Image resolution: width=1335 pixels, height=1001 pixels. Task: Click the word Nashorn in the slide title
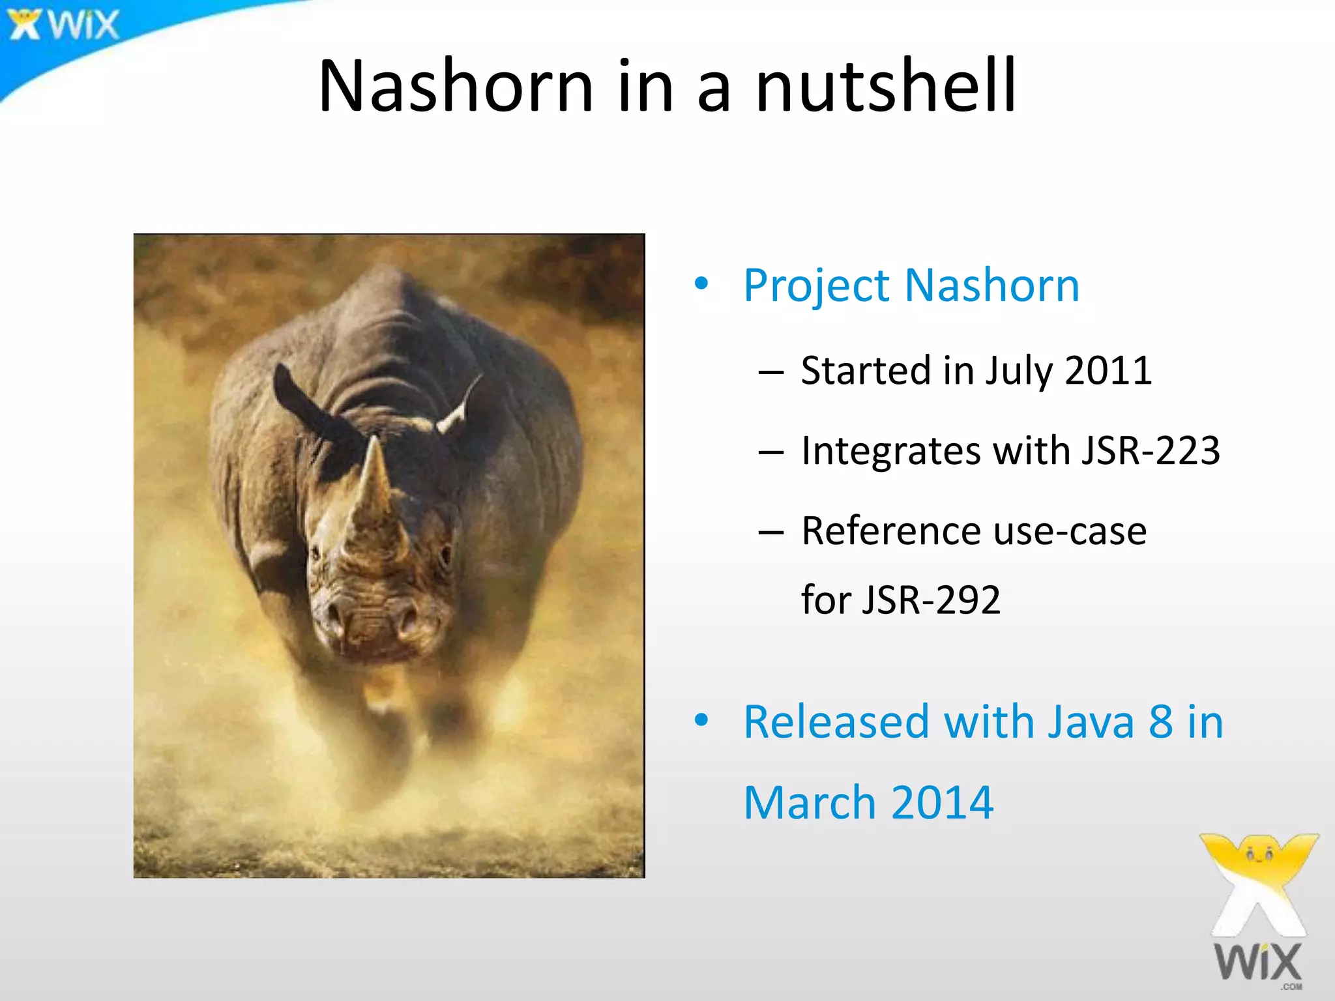pos(455,87)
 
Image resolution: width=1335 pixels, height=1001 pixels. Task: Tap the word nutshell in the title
pos(885,87)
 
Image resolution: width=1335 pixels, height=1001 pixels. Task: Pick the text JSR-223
pos(1150,450)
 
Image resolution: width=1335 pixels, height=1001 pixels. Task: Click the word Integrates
pos(890,452)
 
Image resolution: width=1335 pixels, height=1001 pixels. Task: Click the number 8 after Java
pos(1161,722)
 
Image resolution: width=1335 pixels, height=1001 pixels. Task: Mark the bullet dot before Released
pos(701,720)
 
